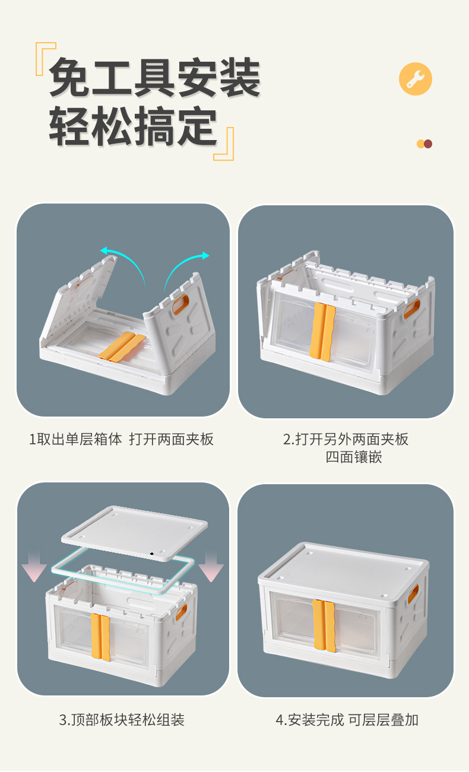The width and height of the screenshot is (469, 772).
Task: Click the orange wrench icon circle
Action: (x=416, y=79)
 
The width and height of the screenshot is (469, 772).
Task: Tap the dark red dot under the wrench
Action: (x=428, y=144)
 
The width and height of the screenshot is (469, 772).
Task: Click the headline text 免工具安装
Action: (x=155, y=78)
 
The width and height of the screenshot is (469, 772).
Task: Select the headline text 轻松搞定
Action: (x=133, y=126)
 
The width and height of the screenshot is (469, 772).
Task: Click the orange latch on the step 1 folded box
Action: (x=122, y=347)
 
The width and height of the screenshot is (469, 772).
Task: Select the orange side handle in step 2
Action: (x=412, y=309)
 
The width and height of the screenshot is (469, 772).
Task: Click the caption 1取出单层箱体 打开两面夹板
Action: (x=121, y=439)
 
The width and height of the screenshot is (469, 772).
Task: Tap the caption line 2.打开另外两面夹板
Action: (x=346, y=439)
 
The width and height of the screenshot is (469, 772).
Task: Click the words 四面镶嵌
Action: (x=354, y=457)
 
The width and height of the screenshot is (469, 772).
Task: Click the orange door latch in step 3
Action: (x=100, y=637)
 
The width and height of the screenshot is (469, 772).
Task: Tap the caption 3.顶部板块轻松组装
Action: (x=122, y=720)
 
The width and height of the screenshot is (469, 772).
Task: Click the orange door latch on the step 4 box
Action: (x=324, y=625)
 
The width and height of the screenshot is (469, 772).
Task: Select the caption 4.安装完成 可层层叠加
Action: (x=347, y=720)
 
